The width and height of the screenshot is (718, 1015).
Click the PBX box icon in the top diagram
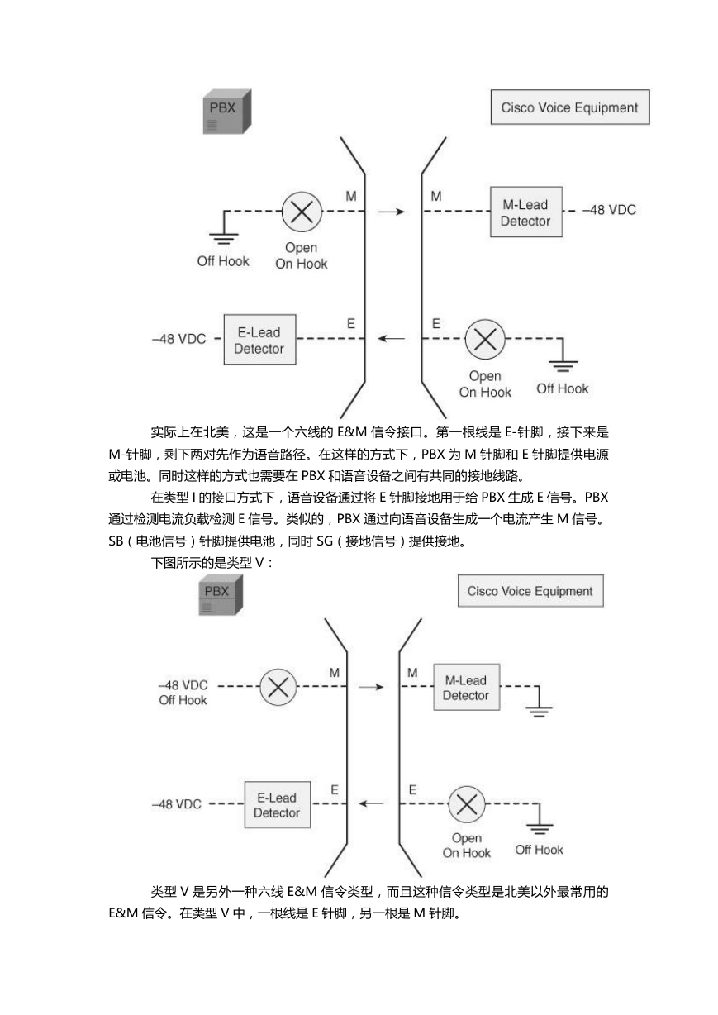tap(227, 112)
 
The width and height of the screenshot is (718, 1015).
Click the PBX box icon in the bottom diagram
tap(221, 595)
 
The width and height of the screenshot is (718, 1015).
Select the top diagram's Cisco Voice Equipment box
tap(570, 107)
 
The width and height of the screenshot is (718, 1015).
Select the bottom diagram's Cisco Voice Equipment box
tap(530, 591)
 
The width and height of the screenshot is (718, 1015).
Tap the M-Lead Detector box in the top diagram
tap(526, 212)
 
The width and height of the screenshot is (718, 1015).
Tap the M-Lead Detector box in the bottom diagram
tap(467, 687)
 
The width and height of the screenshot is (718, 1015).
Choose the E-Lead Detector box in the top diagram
tap(260, 340)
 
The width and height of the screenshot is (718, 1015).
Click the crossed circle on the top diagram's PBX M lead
tap(302, 212)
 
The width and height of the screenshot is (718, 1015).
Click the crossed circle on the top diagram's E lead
tap(485, 340)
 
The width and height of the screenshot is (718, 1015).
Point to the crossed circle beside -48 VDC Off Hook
tap(278, 687)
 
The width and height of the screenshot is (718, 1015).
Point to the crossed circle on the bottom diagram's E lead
tap(467, 804)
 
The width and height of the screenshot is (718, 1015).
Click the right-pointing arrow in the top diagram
tap(391, 212)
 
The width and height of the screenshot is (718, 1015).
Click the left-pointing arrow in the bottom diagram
tap(371, 804)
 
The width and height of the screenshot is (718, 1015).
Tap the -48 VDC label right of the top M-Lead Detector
tap(609, 210)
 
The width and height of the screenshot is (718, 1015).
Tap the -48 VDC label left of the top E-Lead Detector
tap(179, 339)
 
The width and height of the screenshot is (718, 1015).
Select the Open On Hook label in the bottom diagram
tap(467, 846)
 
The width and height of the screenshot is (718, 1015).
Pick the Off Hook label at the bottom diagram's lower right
tap(539, 850)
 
